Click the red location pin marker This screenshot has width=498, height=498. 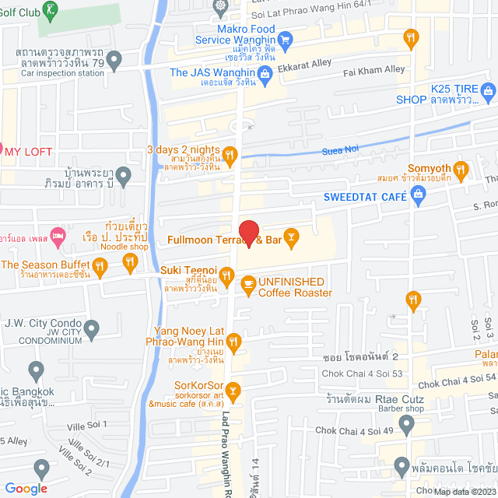(248, 233)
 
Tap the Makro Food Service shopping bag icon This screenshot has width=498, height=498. (285, 37)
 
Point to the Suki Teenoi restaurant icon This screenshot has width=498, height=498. (226, 274)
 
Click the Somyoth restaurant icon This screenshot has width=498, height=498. (461, 169)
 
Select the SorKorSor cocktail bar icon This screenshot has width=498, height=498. (232, 389)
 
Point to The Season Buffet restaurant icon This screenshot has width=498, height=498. (100, 267)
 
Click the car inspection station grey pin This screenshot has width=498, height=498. (114, 58)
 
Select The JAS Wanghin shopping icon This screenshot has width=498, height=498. (265, 73)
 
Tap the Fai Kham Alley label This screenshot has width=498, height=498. (374, 69)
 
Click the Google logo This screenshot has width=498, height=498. (26, 489)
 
